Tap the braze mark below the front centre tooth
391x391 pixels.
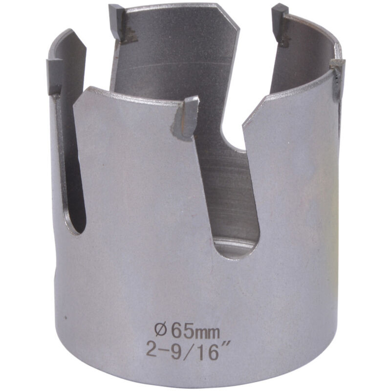[182, 128]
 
